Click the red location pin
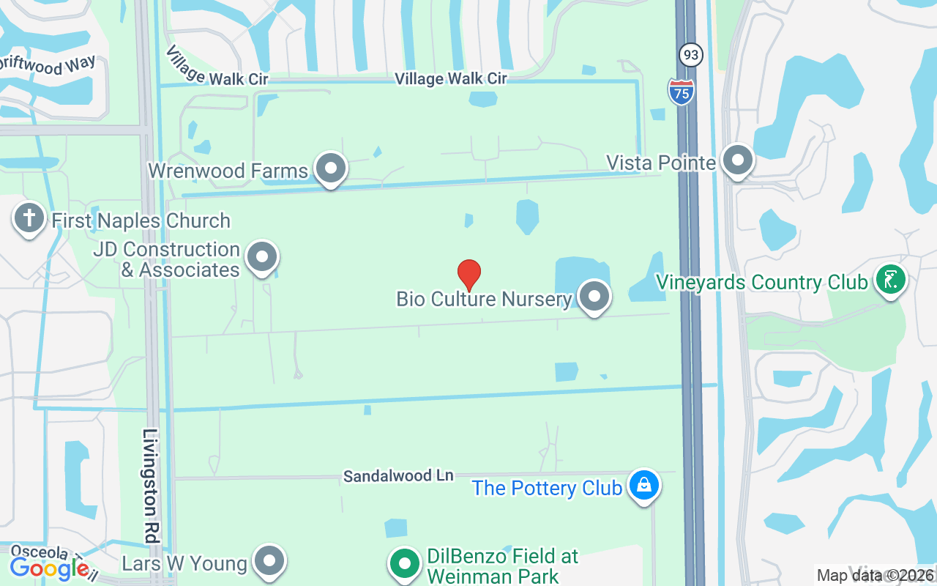pyautogui.click(x=469, y=274)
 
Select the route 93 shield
pyautogui.click(x=690, y=55)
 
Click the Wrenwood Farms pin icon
pyautogui.click(x=331, y=168)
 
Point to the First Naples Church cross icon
pyautogui.click(x=29, y=218)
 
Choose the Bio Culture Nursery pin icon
pyautogui.click(x=594, y=297)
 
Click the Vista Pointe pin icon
pyautogui.click(x=737, y=160)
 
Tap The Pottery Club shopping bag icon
pyautogui.click(x=644, y=486)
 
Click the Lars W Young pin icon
pyautogui.click(x=269, y=562)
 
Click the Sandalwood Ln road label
pyautogui.click(x=399, y=476)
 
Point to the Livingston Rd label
pyautogui.click(x=151, y=486)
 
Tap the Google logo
pyautogui.click(x=49, y=568)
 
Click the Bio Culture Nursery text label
pyautogui.click(x=484, y=299)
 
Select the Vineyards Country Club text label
pyautogui.click(x=761, y=282)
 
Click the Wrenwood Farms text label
pyautogui.click(x=228, y=171)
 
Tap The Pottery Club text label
pyautogui.click(x=547, y=488)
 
